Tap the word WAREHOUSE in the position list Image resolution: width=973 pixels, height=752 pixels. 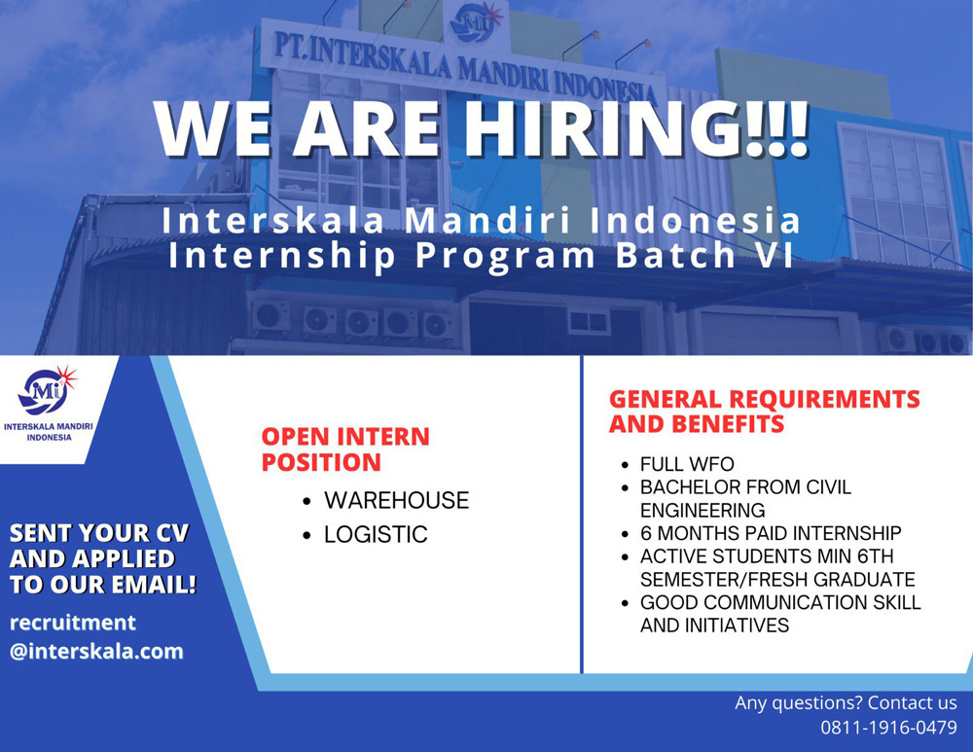(x=397, y=500)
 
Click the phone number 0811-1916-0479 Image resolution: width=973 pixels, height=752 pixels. (x=888, y=727)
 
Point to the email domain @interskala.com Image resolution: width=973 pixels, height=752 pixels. (x=96, y=651)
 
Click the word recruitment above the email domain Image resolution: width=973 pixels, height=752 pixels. (x=73, y=623)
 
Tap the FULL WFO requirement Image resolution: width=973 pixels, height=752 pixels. (x=687, y=464)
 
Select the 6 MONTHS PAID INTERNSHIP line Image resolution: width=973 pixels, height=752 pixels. (x=771, y=533)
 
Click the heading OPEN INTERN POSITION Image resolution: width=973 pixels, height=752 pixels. (x=345, y=449)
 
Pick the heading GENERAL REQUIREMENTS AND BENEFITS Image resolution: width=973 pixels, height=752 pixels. (x=765, y=412)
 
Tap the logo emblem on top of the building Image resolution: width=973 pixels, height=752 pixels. (x=476, y=21)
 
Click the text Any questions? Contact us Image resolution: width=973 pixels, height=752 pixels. (x=846, y=702)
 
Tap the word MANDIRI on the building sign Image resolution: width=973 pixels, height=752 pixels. (x=504, y=74)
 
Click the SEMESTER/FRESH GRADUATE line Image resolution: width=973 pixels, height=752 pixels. (x=777, y=579)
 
